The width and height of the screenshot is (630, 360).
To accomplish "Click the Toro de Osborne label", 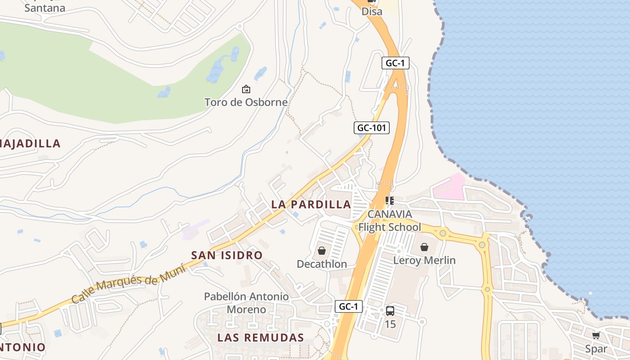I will [246, 102].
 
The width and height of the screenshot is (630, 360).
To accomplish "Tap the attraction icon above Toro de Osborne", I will [246, 89].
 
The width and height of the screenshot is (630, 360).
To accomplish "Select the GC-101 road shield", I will [371, 128].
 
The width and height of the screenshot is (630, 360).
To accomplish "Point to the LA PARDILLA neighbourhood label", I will [311, 204].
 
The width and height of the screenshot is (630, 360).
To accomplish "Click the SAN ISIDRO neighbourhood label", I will [227, 255].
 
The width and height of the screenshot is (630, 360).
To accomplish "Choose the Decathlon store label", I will [322, 264].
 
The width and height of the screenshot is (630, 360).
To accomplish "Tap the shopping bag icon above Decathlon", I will [322, 251].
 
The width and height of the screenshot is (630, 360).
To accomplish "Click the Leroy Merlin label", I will [424, 260].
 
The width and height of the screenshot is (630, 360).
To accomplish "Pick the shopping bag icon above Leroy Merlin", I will [424, 247].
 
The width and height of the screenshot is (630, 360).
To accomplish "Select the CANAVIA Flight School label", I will [390, 220].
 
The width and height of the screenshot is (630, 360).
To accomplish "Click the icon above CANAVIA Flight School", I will [390, 200].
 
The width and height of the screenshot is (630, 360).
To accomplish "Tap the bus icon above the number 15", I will [390, 310].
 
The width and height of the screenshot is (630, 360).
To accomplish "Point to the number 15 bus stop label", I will [390, 324].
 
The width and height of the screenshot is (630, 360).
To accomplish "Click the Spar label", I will [596, 349].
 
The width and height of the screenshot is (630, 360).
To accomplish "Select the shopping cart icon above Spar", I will [596, 336].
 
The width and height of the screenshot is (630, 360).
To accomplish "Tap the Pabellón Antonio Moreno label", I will [246, 303].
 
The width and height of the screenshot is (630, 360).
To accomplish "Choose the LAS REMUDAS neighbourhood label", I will [261, 337].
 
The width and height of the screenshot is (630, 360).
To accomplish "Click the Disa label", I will [372, 12].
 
